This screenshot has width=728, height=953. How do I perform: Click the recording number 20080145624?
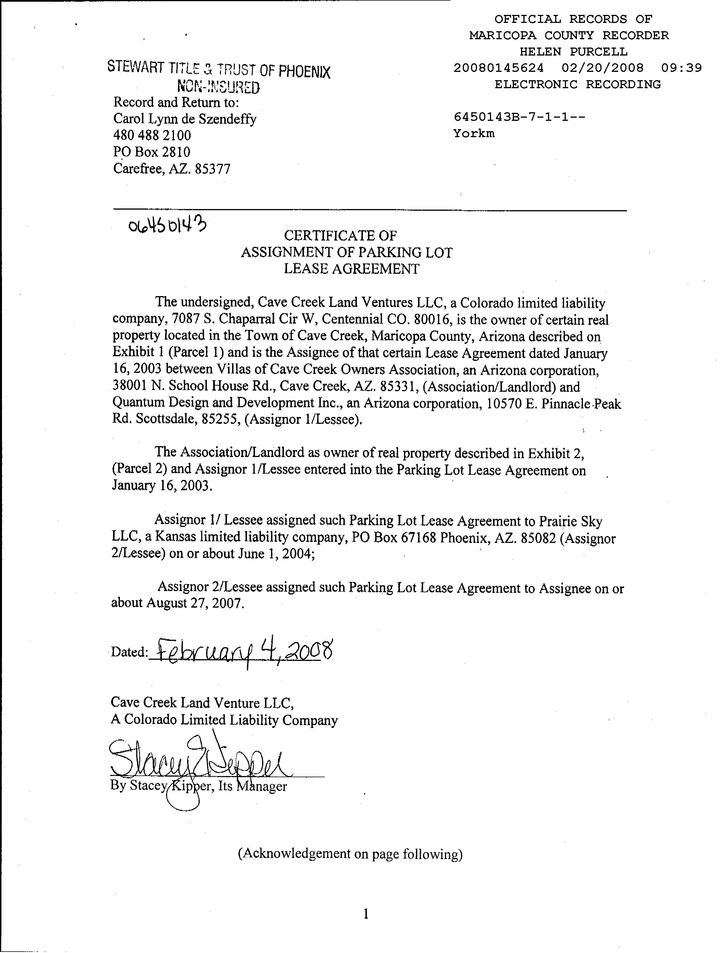point(498,68)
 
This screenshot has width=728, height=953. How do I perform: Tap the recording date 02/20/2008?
point(602,68)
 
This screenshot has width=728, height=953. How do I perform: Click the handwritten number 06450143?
point(167,225)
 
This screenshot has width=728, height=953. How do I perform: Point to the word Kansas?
point(173,537)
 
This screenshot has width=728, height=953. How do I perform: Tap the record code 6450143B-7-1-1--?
point(519,117)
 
